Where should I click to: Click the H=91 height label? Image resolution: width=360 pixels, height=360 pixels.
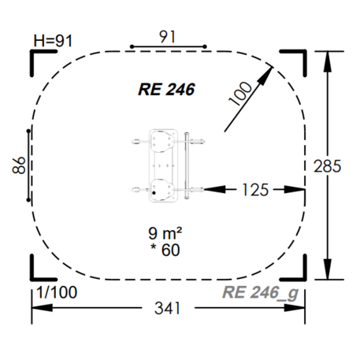click(x=53, y=40)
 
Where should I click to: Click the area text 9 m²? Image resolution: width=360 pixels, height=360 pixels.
click(x=165, y=233)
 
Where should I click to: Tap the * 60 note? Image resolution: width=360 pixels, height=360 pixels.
click(x=165, y=250)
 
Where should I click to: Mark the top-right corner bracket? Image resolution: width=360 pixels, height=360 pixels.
click(x=297, y=57)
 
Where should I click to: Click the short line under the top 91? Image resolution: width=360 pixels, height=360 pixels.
click(x=167, y=46)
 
